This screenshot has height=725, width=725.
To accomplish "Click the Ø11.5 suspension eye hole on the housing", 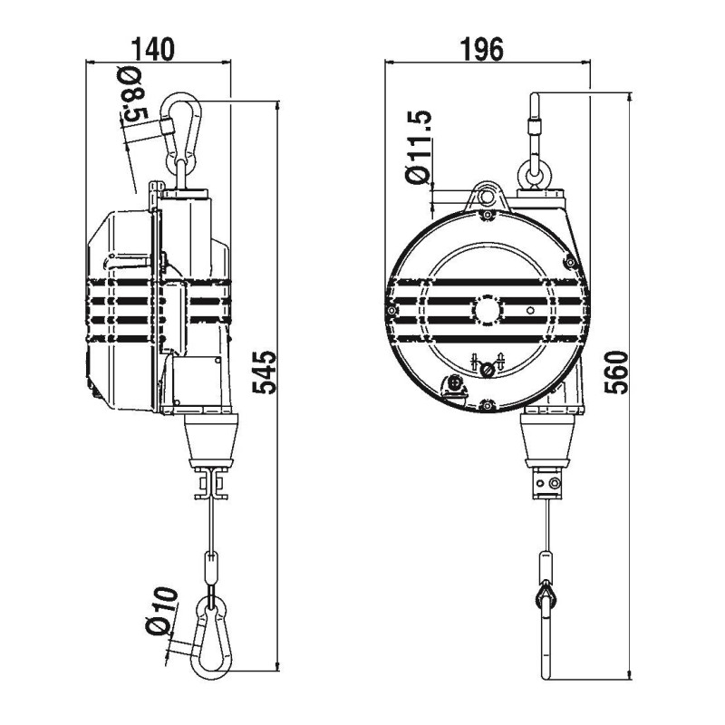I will point(488,194).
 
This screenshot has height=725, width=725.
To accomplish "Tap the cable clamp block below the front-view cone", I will point(547,485).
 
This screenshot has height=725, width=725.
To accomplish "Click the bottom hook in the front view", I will point(546,634).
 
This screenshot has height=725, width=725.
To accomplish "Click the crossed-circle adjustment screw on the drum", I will point(488,368).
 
